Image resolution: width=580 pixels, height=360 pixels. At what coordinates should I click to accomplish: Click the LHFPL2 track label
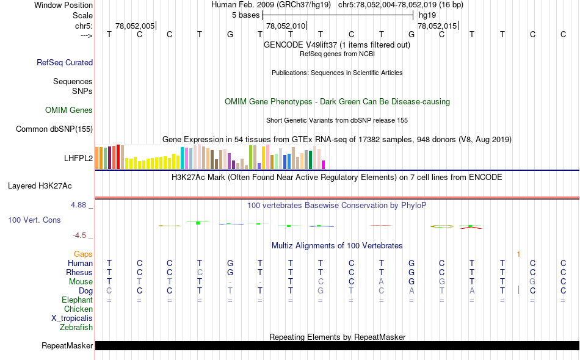point(78,158)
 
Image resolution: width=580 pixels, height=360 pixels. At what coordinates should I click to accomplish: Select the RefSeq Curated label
point(65,62)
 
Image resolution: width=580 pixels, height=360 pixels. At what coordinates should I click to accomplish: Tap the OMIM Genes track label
point(69,110)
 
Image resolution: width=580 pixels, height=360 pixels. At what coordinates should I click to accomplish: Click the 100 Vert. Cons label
point(34,220)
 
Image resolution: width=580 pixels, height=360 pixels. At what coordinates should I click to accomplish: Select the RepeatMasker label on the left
point(67,346)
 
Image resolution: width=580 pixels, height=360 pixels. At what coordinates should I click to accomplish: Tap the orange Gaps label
point(83,254)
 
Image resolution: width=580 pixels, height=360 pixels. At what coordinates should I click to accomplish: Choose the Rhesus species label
point(79,272)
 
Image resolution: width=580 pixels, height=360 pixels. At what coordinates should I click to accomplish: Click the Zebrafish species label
point(76,327)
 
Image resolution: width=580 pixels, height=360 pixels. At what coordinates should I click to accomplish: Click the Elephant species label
point(77,300)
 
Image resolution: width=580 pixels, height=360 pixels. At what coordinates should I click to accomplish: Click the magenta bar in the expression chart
point(324,164)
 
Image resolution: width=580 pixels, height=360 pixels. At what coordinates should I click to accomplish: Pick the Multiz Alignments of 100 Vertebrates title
point(337,245)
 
